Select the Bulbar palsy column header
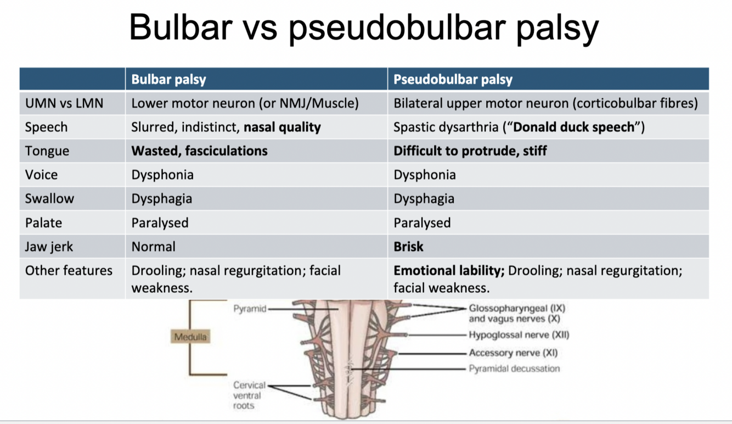168,80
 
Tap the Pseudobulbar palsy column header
453,80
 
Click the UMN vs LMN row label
64,103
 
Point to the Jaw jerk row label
49,247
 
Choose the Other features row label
69,271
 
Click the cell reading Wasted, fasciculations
199,151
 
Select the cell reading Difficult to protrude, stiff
470,151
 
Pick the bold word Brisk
408,247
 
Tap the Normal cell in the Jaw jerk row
153,247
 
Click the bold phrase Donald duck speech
573,127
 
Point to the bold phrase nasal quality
282,127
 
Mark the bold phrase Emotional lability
449,271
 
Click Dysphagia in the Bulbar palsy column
161,199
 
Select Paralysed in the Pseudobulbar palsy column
422,223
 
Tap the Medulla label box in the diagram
190,336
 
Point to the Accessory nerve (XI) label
513,353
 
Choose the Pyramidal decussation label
514,369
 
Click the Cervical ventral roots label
249,395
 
